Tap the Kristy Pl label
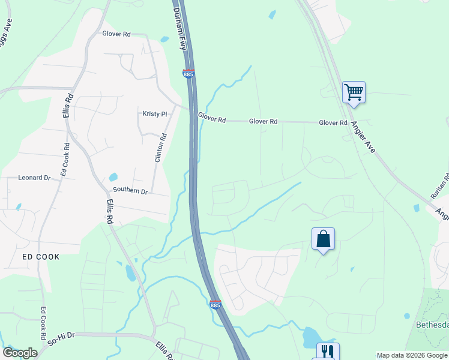154,114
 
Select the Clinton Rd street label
158,147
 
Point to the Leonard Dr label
34,178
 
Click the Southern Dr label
131,191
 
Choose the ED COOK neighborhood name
41,257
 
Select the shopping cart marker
354,92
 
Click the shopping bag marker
323,239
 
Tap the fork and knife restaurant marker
327,351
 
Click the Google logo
20,353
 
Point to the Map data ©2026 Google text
412,355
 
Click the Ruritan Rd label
444,187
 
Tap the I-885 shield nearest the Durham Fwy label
188,74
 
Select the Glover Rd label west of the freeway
116,34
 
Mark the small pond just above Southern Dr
113,177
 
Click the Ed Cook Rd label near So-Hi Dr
43,325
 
